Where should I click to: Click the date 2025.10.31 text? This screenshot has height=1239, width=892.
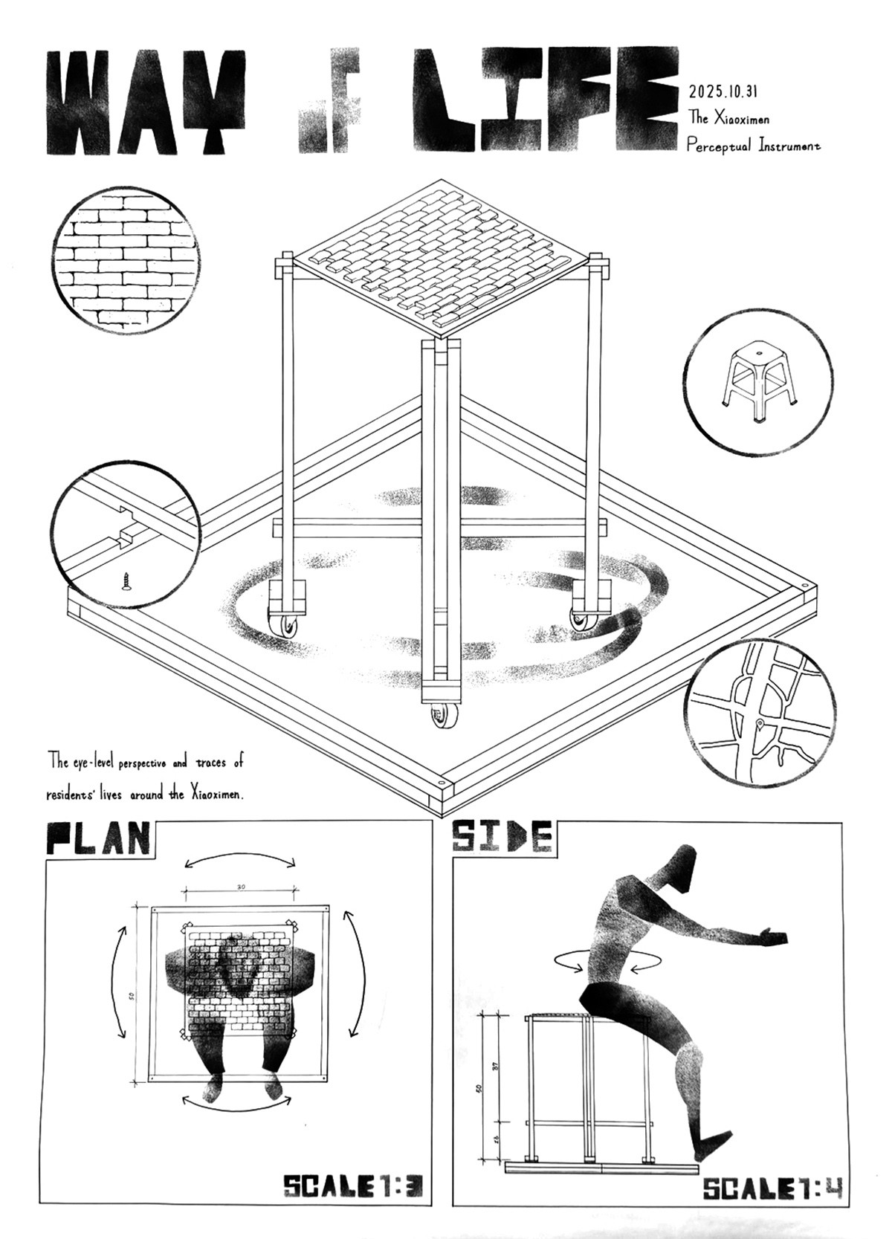click(723, 92)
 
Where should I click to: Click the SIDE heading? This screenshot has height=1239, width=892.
click(502, 837)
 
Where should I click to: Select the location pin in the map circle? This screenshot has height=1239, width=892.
click(760, 723)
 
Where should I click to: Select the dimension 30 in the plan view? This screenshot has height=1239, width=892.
click(241, 887)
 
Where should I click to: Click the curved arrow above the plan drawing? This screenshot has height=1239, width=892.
click(240, 860)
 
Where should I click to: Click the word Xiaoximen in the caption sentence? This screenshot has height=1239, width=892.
click(216, 795)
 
